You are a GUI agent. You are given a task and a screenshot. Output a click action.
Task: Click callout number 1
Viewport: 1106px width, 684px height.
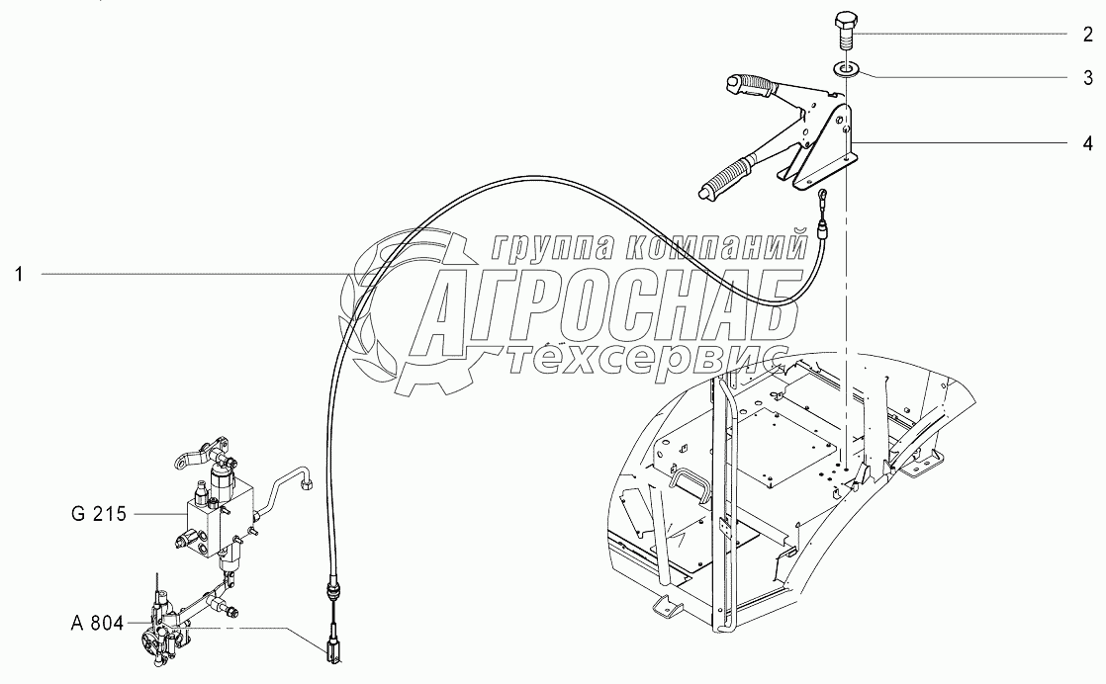click(19, 274)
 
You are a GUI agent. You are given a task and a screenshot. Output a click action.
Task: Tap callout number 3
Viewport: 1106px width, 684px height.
click(1085, 76)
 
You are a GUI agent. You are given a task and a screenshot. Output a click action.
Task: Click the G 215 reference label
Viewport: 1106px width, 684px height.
click(99, 514)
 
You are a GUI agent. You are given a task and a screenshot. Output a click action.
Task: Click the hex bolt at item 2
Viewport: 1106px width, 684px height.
click(842, 32)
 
